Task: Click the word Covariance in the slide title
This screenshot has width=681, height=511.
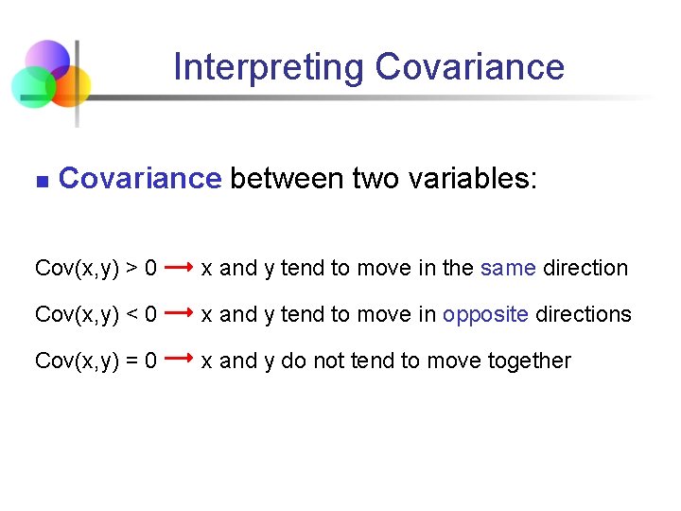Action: [x=469, y=68]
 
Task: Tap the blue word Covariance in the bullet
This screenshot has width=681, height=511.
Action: [x=139, y=178]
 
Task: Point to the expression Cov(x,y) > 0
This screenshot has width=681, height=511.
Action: [x=96, y=269]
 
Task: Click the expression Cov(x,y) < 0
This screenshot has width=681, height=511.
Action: [x=96, y=315]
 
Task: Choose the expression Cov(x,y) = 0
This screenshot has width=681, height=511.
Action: [x=96, y=361]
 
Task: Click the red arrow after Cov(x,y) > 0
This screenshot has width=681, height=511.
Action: [x=179, y=268]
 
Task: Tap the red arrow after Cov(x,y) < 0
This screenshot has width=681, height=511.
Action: [x=179, y=311]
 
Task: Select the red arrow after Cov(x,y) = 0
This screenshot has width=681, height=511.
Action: [x=179, y=359]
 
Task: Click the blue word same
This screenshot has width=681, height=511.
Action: [x=508, y=269]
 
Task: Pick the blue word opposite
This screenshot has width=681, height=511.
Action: [x=485, y=315]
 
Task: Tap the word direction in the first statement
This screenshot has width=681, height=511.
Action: [x=585, y=269]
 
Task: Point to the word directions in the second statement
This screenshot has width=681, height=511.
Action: [x=584, y=315]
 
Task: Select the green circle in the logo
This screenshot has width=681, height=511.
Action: [x=31, y=87]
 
